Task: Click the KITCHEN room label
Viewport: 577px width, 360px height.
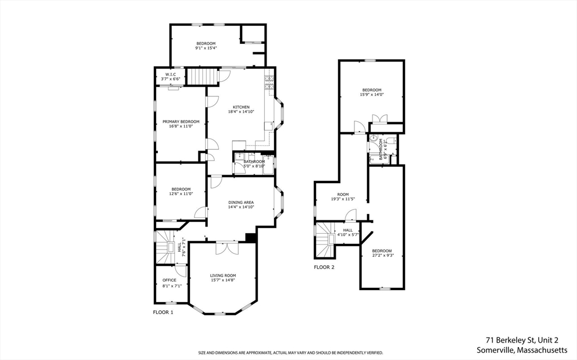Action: pos(241,107)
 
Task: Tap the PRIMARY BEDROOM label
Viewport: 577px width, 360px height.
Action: pos(181,122)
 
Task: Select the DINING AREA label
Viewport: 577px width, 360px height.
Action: pos(241,202)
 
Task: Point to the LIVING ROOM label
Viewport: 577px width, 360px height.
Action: pos(223,275)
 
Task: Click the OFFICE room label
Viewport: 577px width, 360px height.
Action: pos(169,280)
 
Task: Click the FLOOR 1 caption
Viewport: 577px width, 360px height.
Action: pos(163,312)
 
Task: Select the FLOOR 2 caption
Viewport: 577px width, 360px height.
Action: pos(324,267)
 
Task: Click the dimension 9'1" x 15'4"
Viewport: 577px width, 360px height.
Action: pos(206,48)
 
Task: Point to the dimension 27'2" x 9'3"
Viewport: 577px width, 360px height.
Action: pos(382,255)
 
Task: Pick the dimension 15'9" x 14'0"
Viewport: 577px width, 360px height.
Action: pos(372,95)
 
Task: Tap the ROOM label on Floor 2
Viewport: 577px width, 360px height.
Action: pos(343,194)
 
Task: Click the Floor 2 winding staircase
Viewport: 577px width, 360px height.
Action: pos(325,240)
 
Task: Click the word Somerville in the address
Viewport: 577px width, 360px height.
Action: pos(493,349)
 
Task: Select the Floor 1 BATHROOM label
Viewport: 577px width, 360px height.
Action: pos(254,162)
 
